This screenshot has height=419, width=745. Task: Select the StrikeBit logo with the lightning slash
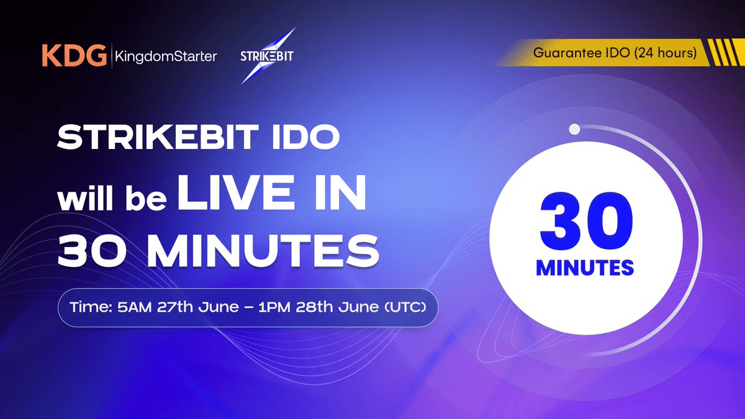point(268,56)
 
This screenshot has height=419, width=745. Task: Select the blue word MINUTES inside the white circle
point(585,268)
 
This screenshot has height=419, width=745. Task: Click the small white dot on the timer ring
point(575,130)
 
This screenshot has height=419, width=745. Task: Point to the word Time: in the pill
point(93,307)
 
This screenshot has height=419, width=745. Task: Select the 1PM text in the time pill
point(297,307)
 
